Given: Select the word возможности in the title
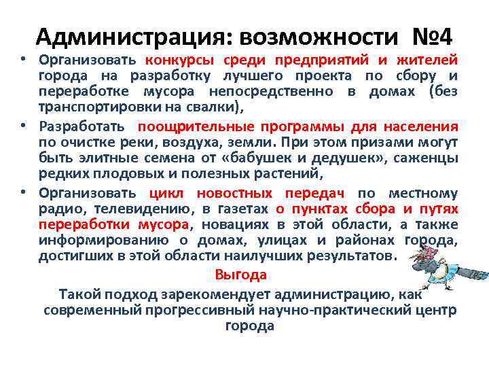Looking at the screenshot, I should [312, 36].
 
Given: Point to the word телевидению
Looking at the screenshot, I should [152, 208].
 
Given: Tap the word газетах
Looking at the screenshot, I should [243, 208].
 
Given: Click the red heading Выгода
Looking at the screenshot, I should [231, 275].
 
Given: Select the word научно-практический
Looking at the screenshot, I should [319, 310].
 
